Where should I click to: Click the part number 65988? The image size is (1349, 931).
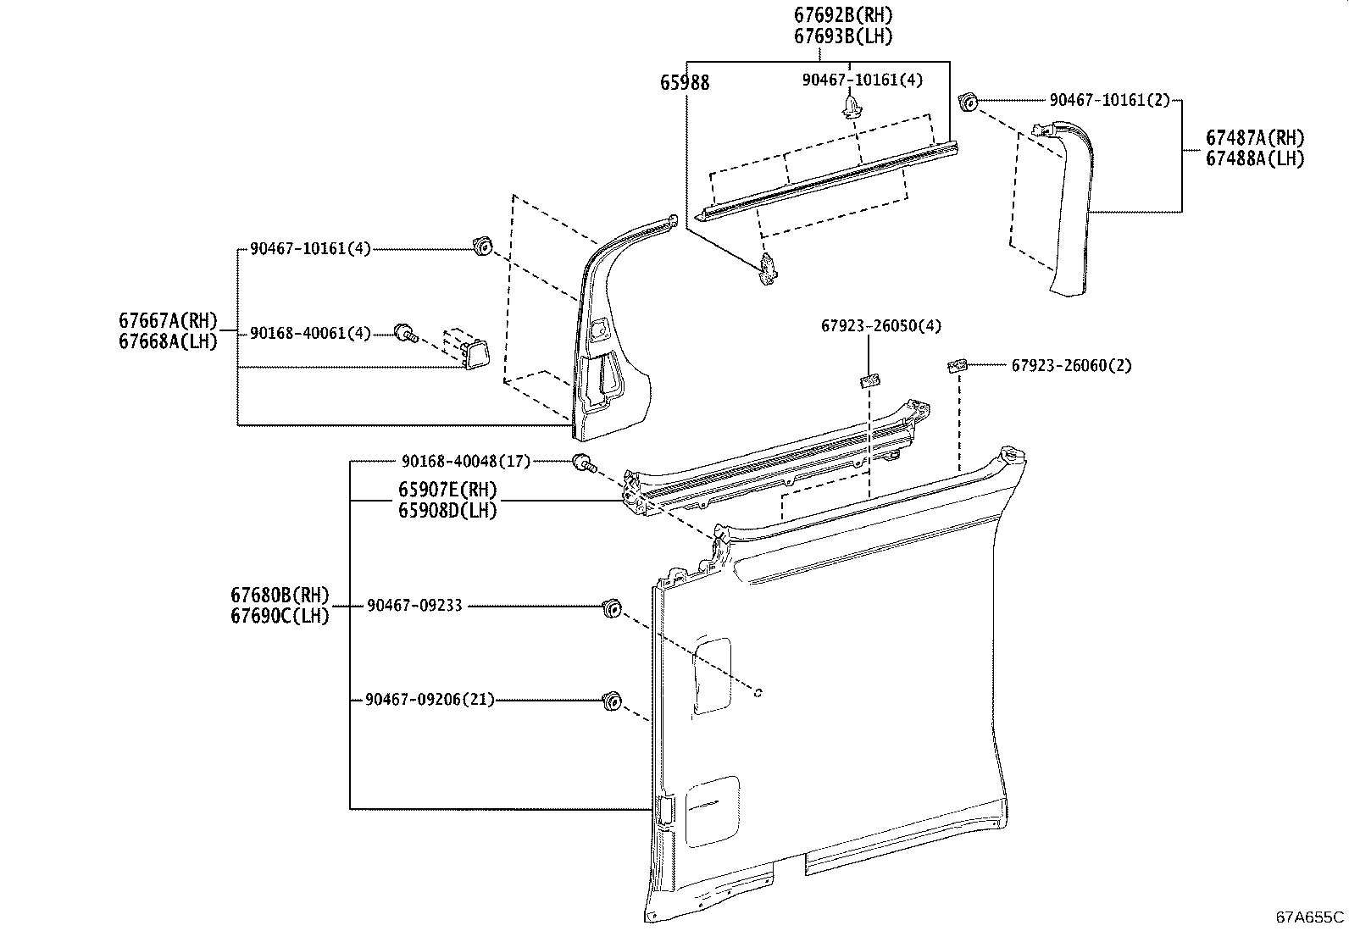(x=685, y=83)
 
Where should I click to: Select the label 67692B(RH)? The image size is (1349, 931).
(x=843, y=15)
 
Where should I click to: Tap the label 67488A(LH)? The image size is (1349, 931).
(x=1256, y=158)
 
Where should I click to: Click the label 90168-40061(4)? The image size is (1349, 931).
(x=310, y=334)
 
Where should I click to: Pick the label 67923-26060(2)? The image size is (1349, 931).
(x=1071, y=366)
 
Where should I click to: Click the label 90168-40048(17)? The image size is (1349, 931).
(x=465, y=462)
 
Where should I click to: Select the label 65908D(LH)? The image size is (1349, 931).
(x=447, y=511)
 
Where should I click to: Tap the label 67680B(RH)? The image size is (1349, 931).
(x=280, y=596)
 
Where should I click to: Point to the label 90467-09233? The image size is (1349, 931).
(x=414, y=607)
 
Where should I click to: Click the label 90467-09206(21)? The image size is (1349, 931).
(x=430, y=700)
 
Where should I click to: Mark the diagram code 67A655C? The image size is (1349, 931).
(x=1310, y=917)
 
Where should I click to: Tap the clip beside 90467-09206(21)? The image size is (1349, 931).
(x=608, y=701)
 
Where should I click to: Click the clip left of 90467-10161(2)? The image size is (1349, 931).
(x=967, y=103)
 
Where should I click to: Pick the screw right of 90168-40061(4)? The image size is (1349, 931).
(x=405, y=334)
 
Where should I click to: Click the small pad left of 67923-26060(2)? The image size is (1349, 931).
(x=958, y=365)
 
